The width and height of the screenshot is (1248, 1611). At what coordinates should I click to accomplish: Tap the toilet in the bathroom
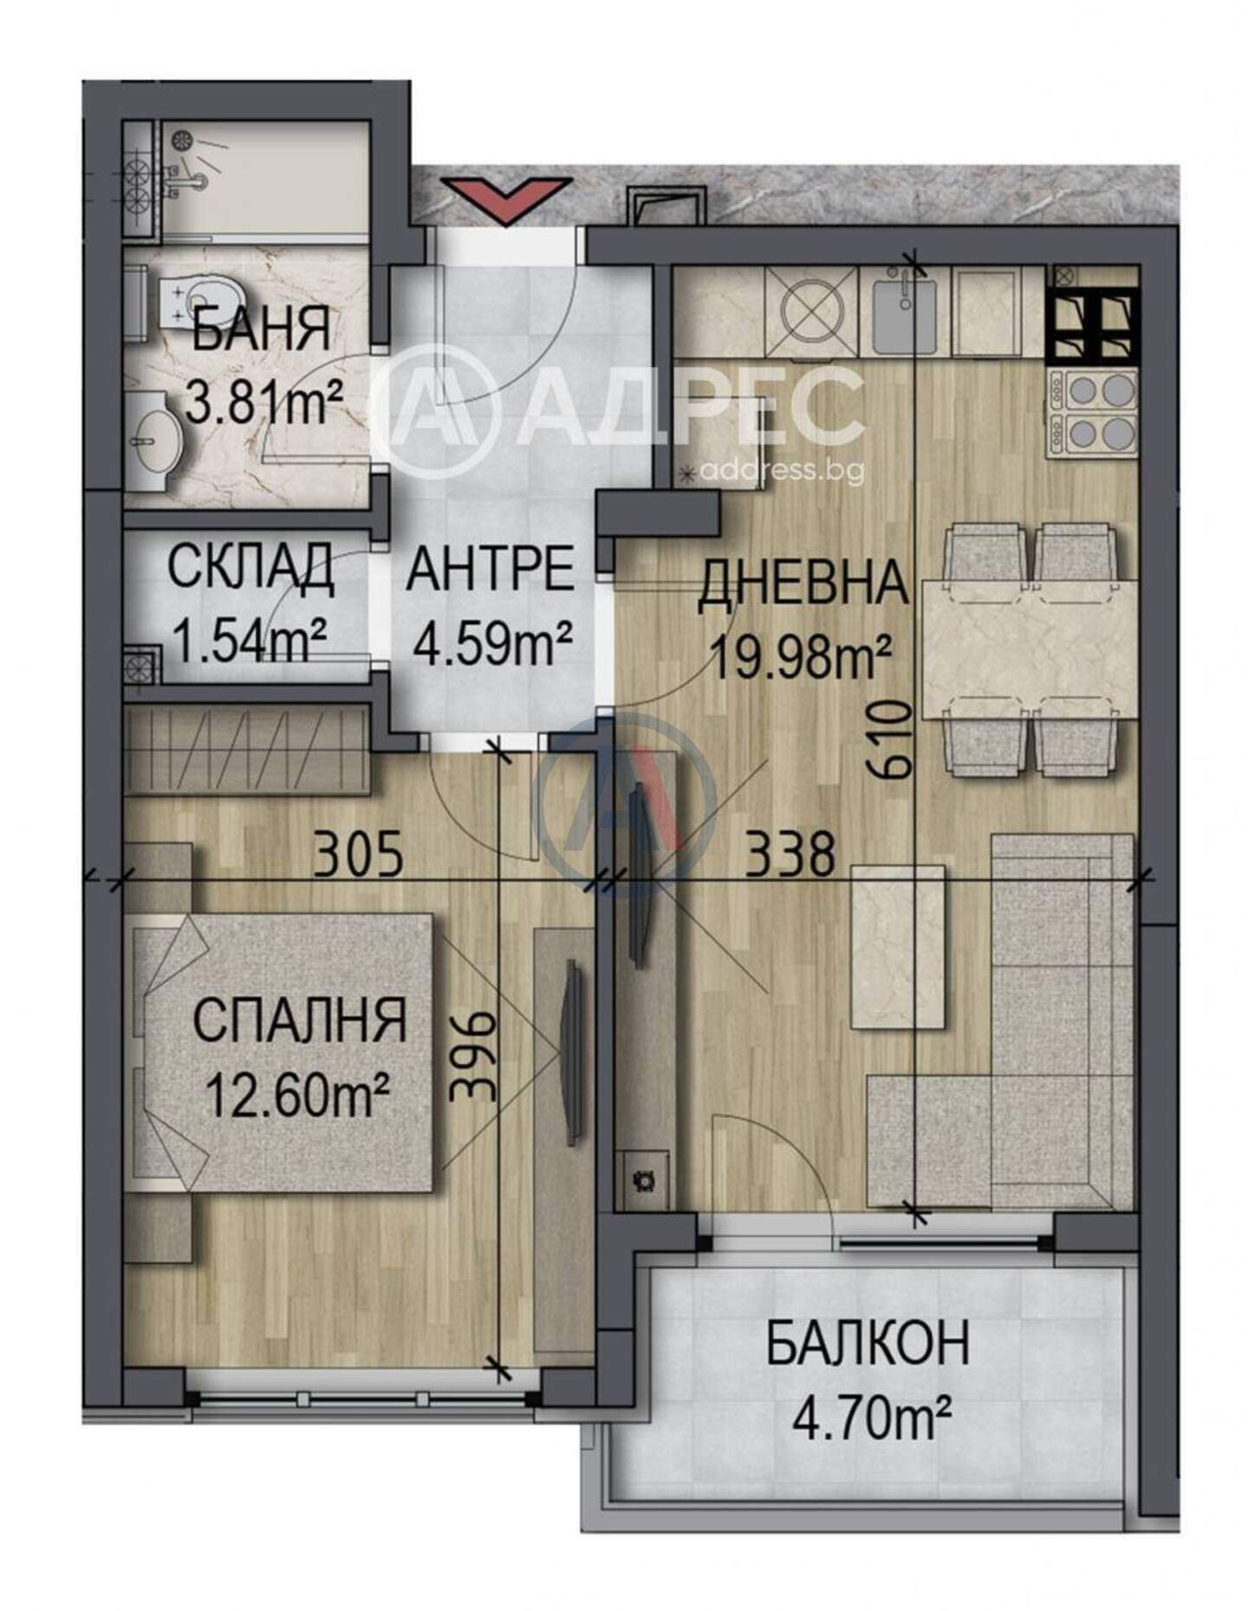pyautogui.click(x=185, y=301)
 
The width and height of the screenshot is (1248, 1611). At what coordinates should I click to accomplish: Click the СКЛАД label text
pyautogui.click(x=250, y=569)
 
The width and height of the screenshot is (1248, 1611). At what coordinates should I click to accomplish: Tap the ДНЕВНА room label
pyautogui.click(x=803, y=584)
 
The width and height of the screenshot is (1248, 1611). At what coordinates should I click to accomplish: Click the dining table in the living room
pyautogui.click(x=1028, y=649)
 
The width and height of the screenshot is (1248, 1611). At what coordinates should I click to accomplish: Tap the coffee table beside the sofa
pyautogui.click(x=899, y=947)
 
